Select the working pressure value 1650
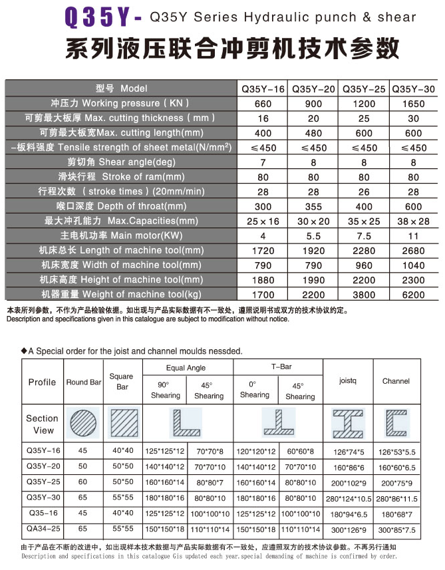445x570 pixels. click(x=414, y=104)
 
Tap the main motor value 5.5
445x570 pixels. click(x=313, y=235)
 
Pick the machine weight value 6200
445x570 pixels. click(x=414, y=294)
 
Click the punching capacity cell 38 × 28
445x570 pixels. click(x=414, y=221)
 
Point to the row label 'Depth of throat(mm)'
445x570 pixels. click(x=120, y=206)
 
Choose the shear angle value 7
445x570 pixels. click(x=263, y=162)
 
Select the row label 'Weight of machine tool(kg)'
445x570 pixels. click(x=120, y=294)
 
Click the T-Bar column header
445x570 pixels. click(x=277, y=366)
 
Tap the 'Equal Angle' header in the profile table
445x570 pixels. click(x=186, y=368)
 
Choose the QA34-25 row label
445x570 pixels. click(x=43, y=529)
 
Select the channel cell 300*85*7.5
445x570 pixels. click(x=396, y=529)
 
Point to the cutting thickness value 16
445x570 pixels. click(x=263, y=118)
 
